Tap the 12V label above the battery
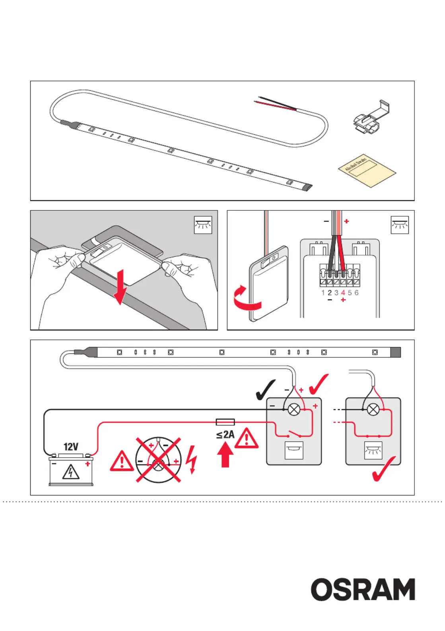[71, 447]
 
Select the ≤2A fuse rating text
[225, 435]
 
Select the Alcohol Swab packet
[367, 170]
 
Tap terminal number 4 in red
[343, 293]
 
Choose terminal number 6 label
[356, 293]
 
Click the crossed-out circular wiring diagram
[158, 460]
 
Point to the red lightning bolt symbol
[192, 460]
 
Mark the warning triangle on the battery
[71, 472]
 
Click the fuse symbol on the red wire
[225, 422]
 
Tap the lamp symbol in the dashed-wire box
[373, 410]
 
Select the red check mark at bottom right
[384, 469]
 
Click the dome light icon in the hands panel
[203, 225]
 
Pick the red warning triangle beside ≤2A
[247, 438]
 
